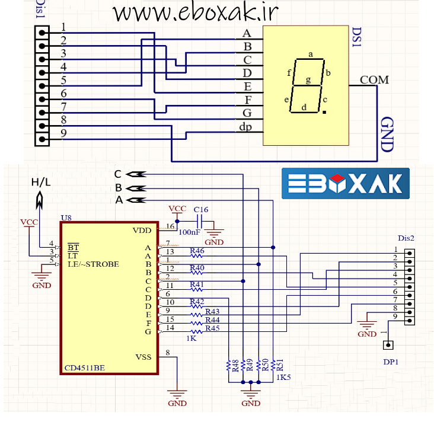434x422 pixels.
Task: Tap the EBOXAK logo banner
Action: click(346, 183)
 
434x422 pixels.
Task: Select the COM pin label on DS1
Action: click(374, 79)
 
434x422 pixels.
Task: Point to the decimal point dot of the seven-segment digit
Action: click(324, 111)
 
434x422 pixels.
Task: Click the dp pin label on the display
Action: click(245, 126)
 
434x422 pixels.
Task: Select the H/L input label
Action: click(41, 182)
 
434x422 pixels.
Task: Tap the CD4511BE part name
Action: click(85, 368)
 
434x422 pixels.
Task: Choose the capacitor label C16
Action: click(201, 209)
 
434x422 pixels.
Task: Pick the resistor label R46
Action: click(197, 251)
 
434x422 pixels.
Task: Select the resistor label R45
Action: click(212, 328)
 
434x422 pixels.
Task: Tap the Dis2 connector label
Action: click(406, 238)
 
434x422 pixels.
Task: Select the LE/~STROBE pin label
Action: click(93, 264)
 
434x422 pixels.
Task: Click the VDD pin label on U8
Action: click(142, 230)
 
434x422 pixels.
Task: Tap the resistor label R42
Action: click(197, 302)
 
